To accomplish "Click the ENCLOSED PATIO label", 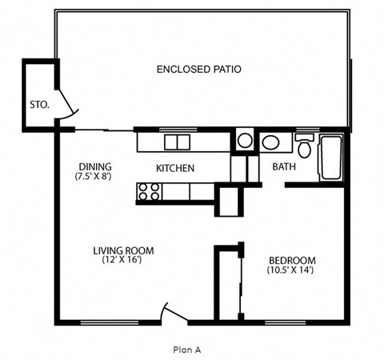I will [198, 70].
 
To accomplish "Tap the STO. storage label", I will [38, 103].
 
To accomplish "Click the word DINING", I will [93, 166].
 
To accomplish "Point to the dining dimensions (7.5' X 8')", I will [93, 176].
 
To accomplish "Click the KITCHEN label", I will [175, 168].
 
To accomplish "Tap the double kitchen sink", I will [177, 142].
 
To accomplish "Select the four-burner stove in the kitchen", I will [149, 191].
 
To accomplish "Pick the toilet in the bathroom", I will [304, 147].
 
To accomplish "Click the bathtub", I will [331, 157].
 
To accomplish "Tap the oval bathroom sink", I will [271, 143].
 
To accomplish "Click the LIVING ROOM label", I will [123, 250].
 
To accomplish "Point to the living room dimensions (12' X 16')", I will [123, 260].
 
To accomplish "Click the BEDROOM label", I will [290, 260].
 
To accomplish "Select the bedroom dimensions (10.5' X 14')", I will [290, 270].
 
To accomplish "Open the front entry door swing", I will [171, 313].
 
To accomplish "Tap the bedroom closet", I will [229, 284].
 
